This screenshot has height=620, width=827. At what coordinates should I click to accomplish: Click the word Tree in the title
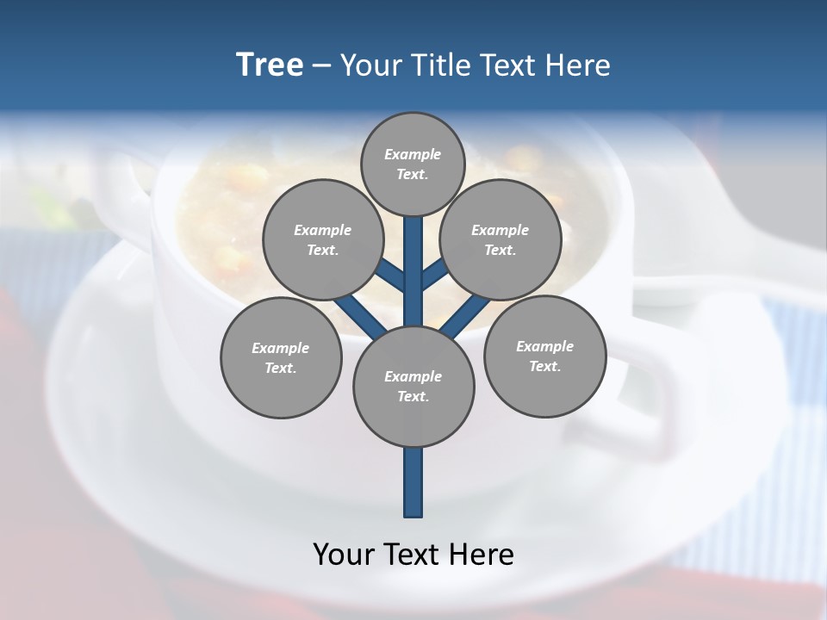[270, 65]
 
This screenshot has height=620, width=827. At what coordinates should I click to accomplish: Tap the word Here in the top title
[577, 65]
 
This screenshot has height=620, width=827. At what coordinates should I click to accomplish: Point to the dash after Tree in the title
[321, 66]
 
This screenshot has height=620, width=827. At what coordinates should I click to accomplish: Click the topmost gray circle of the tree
[413, 164]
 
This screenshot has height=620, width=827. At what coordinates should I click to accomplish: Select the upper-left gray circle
[323, 239]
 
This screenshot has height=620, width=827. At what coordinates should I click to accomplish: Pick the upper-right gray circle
[501, 239]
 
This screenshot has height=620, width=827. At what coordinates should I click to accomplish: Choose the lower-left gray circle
[281, 357]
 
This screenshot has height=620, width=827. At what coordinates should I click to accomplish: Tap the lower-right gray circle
[544, 356]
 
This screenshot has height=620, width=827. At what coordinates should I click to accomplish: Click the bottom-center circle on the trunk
[413, 386]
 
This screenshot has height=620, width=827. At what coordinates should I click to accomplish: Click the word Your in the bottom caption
[342, 555]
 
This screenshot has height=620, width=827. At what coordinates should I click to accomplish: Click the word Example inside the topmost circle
[413, 154]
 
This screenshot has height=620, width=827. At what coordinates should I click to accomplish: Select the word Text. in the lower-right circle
[544, 366]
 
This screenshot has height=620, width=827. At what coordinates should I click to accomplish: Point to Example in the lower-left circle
[280, 348]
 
